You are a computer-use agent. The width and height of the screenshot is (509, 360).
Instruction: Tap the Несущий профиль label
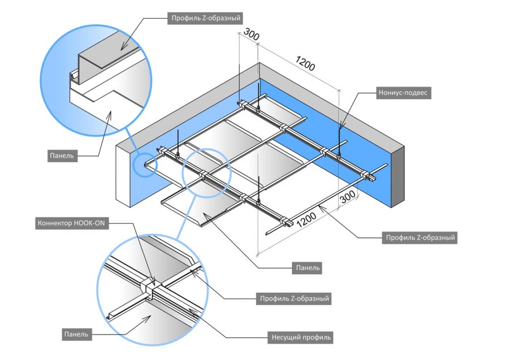tap(300, 338)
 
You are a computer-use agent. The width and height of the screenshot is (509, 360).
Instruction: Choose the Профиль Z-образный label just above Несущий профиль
tap(294, 297)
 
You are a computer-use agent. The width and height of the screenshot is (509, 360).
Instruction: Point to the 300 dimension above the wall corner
tap(252, 36)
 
